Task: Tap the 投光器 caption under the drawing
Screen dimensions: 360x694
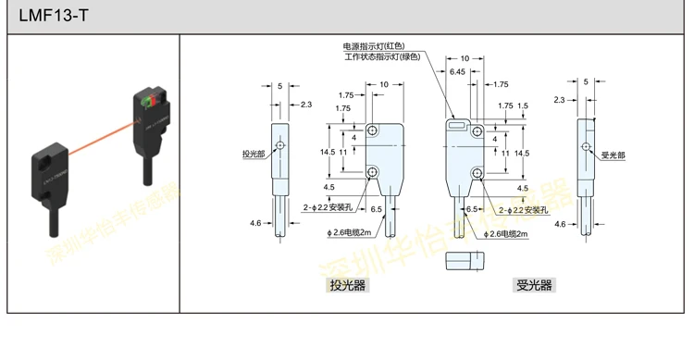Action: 348,285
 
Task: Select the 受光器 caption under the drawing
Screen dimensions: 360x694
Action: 534,285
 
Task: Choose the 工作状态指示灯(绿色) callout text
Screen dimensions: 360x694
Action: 382,56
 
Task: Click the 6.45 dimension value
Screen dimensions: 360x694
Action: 457,71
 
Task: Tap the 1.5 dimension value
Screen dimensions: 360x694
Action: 524,106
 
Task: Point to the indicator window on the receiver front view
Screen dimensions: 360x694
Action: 457,123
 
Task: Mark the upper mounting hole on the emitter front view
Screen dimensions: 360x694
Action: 373,130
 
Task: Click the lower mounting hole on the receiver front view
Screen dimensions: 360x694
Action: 477,172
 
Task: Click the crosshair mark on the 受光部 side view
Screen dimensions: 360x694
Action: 586,147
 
